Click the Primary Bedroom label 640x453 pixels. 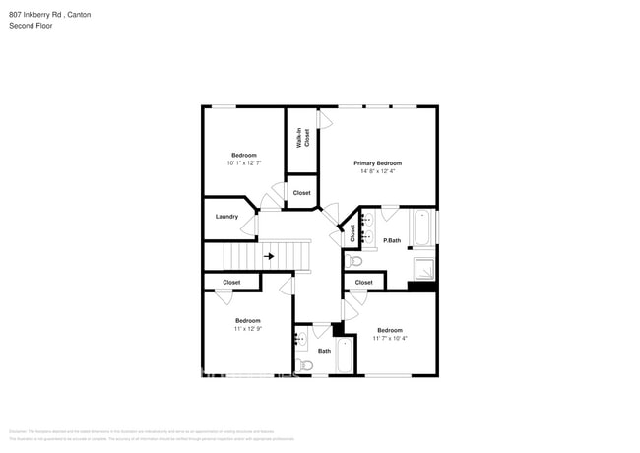pyautogui.click(x=377, y=163)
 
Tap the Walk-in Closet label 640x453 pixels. pyautogui.click(x=306, y=138)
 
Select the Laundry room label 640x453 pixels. pyautogui.click(x=226, y=216)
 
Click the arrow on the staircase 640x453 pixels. pyautogui.click(x=269, y=256)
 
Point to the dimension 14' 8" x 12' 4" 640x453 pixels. pyautogui.click(x=377, y=172)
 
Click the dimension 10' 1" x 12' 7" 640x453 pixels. pyautogui.click(x=244, y=163)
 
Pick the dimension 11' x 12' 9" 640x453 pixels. pyautogui.click(x=247, y=329)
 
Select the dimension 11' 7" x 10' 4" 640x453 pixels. pyautogui.click(x=389, y=339)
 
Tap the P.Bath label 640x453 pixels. pyautogui.click(x=392, y=240)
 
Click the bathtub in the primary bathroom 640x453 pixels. pyautogui.click(x=421, y=227)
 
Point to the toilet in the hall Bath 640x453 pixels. pyautogui.click(x=305, y=365)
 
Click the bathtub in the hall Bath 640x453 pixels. pyautogui.click(x=345, y=356)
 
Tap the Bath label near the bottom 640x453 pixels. pyautogui.click(x=324, y=351)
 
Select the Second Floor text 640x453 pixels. pyautogui.click(x=32, y=26)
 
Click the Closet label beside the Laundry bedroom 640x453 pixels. pyautogui.click(x=301, y=193)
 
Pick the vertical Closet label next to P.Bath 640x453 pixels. pyautogui.click(x=352, y=233)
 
